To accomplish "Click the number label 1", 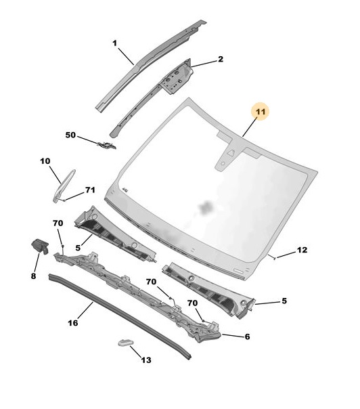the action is click(x=115, y=43).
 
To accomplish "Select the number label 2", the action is click(x=221, y=59).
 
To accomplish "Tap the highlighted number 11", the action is click(x=261, y=112).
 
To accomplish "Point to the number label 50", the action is click(x=70, y=135).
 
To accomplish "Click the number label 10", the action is click(x=45, y=161).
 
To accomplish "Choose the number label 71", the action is click(x=90, y=190).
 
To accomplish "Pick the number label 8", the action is click(x=33, y=276).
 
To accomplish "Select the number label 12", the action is click(x=302, y=250).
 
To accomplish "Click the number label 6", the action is click(x=247, y=337).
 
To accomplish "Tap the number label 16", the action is click(x=73, y=323).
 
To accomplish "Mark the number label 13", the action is click(x=146, y=360).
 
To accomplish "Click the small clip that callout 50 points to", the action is click(x=107, y=145).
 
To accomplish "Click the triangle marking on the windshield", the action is click(x=230, y=153).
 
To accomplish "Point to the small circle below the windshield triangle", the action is click(x=223, y=164).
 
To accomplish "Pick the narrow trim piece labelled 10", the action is click(x=64, y=186).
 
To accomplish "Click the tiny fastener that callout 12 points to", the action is click(x=275, y=258).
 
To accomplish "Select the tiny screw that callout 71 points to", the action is click(x=64, y=200).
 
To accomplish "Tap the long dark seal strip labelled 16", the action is click(x=120, y=316).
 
